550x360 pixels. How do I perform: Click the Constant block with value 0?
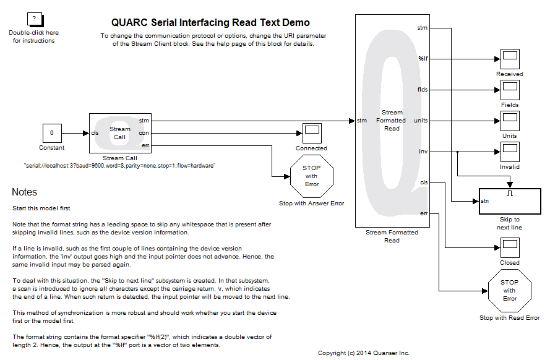[x=52, y=133]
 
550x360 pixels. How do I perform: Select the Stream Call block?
[x=120, y=133]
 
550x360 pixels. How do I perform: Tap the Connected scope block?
[x=311, y=133]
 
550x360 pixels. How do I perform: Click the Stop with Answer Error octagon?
[x=311, y=176]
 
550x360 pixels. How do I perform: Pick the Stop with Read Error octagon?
[x=509, y=291]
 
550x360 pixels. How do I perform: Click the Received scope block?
[x=510, y=59]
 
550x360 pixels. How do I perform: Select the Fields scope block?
[x=510, y=90]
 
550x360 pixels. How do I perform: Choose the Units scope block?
[x=510, y=121]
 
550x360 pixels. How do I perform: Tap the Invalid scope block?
[x=510, y=152]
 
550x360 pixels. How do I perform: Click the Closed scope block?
[x=510, y=247]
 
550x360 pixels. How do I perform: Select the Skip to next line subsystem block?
[x=510, y=200]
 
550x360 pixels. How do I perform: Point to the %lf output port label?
[x=423, y=59]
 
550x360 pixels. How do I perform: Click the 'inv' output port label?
[x=423, y=152]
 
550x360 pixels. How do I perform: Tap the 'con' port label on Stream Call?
[x=144, y=133]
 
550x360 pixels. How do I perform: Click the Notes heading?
[x=25, y=192]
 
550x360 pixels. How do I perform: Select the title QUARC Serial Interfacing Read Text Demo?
[x=211, y=23]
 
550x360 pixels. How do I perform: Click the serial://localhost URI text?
[x=119, y=166]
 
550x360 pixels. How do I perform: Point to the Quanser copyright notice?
[x=364, y=353]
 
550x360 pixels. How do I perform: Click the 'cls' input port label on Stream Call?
[x=95, y=133]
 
